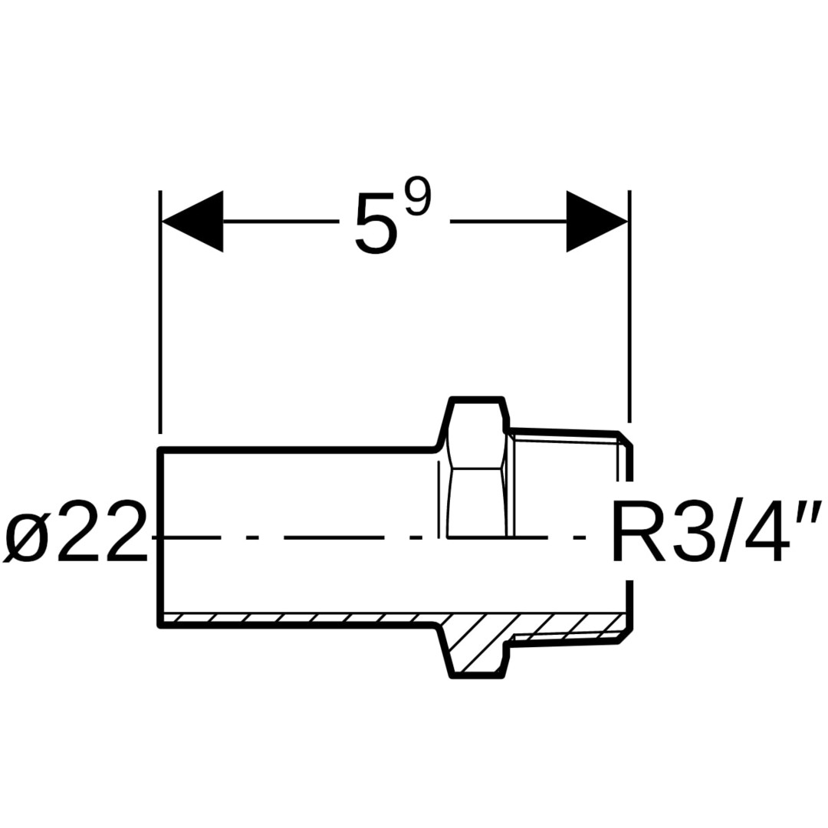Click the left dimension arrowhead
[192, 222]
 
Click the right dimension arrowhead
[596, 222]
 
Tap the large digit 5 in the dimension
[376, 224]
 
